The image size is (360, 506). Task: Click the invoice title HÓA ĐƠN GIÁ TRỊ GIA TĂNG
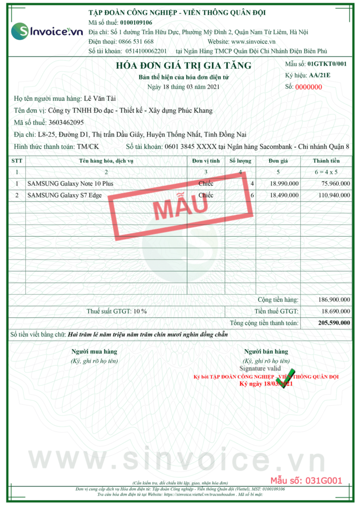pos(183,66)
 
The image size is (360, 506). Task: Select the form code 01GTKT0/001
pos(327,64)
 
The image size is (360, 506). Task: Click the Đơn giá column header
pos(278,161)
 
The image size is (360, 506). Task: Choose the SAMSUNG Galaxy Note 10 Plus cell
pos(74,184)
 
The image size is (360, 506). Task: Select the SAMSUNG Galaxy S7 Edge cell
pos(65,195)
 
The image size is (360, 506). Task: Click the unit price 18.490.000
pos(284,195)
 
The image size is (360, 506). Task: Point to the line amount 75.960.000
pos(335,184)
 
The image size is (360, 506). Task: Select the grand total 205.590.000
pos(334,323)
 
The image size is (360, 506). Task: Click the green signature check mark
pos(286,378)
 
